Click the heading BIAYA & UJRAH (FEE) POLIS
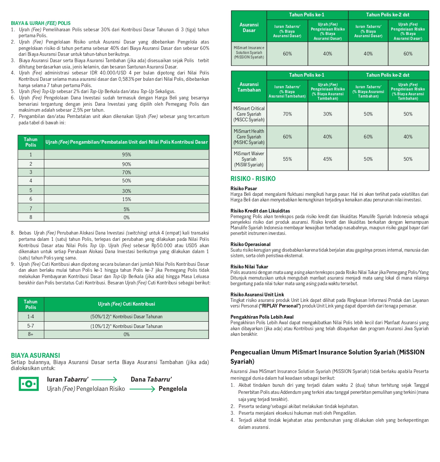pyautogui.click(x=41, y=23)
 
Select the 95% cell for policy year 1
pyautogui.click(x=126, y=154)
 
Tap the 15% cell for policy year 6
pyautogui.click(x=126, y=199)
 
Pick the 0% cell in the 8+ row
pyautogui.click(x=126, y=334)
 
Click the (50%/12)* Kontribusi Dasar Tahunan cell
pyautogui.click(x=126, y=316)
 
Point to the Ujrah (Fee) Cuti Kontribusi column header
pyautogui.click(x=126, y=304)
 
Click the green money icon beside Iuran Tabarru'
pyautogui.click(x=29, y=384)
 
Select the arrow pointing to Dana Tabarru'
pyautogui.click(x=104, y=380)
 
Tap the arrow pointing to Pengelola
pyautogui.click(x=142, y=389)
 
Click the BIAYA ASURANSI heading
pyautogui.click(x=35, y=356)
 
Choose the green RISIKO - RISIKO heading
pyautogui.click(x=253, y=179)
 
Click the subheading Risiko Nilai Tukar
pyautogui.click(x=249, y=267)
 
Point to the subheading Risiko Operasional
pyautogui.click(x=250, y=244)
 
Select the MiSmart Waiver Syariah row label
pyautogui.click(x=249, y=159)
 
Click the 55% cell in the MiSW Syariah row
pyautogui.click(x=287, y=159)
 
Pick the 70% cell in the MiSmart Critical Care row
pyautogui.click(x=287, y=114)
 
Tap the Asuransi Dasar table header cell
pyautogui.click(x=249, y=27)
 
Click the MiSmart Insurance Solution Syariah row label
pyautogui.click(x=249, y=52)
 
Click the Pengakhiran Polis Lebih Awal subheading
pyautogui.click(x=262, y=317)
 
